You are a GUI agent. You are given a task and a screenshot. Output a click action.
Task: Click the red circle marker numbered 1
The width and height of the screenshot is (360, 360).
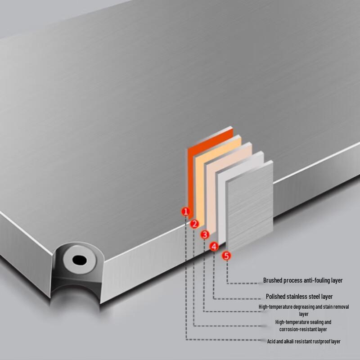186,211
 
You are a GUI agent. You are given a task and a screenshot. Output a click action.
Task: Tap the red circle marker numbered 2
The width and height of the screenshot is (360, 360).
194,224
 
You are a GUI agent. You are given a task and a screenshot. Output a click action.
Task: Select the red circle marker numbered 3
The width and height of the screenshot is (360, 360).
205,234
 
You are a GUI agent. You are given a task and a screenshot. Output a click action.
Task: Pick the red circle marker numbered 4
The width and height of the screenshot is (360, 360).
214,246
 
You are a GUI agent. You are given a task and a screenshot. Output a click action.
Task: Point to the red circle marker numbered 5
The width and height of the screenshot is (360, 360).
227,256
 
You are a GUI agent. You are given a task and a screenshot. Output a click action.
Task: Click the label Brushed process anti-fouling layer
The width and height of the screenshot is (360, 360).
303,280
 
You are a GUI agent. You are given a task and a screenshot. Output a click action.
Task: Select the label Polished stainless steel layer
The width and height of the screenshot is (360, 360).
299,297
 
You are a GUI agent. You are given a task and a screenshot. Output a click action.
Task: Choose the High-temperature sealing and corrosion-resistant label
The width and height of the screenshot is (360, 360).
303,325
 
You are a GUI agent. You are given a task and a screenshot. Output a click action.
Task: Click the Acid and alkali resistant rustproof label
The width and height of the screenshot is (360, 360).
304,342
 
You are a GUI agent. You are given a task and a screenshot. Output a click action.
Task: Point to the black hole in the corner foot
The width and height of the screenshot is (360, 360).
80,260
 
